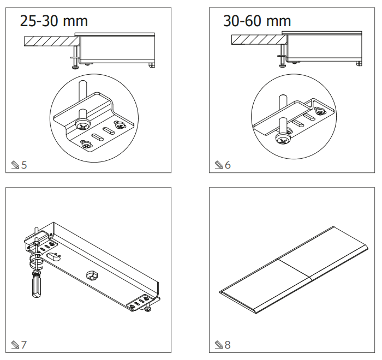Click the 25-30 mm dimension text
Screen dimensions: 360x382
[53, 21]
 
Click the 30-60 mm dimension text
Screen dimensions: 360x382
[257, 21]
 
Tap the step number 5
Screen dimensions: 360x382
[24, 164]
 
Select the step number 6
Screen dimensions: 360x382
[228, 164]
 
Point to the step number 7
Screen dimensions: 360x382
[24, 345]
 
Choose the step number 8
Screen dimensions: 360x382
[228, 345]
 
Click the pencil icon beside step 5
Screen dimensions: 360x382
[15, 164]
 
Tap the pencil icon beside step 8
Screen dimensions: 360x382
[218, 345]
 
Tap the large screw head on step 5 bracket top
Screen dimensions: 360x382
[83, 125]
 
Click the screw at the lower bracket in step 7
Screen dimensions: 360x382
[148, 309]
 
